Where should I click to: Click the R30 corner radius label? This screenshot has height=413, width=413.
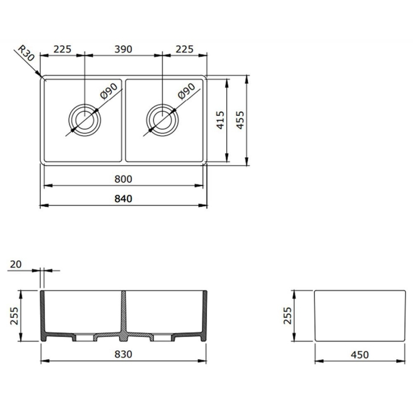pos(26,53)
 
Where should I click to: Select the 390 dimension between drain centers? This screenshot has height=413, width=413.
pos(123,49)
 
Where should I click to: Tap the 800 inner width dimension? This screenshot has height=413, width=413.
pos(123,179)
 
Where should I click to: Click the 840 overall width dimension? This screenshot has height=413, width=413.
pos(123,199)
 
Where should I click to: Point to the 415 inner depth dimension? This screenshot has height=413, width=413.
pos(220,120)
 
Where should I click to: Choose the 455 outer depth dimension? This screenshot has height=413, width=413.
pos(240,120)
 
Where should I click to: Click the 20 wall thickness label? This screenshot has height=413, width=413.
pos(16,264)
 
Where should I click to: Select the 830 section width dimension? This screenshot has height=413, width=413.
pos(123,354)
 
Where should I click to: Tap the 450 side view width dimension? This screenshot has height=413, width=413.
pos(359,355)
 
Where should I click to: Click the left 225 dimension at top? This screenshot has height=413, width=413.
pos(62,49)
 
